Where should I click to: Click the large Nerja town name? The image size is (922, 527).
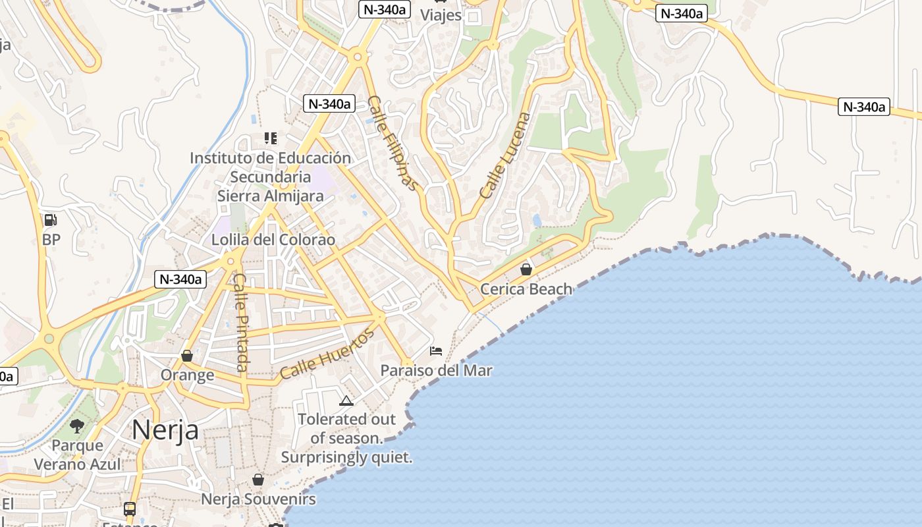(x=165, y=430)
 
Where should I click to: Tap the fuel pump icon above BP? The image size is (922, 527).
(x=51, y=220)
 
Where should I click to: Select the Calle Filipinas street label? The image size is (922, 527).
(x=393, y=143)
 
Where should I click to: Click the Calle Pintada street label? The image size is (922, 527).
(x=241, y=322)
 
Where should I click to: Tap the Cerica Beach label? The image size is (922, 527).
(x=526, y=289)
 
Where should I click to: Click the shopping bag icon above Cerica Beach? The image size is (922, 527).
(x=526, y=269)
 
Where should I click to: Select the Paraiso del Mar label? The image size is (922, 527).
(x=436, y=370)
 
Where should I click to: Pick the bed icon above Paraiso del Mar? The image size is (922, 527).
(x=436, y=350)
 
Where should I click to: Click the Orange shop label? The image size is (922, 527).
(x=188, y=375)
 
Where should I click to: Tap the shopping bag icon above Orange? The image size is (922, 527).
(x=187, y=356)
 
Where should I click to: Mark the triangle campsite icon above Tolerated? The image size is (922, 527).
(x=346, y=400)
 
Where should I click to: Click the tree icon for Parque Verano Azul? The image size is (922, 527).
(x=77, y=426)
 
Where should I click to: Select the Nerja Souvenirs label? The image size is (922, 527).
(x=258, y=499)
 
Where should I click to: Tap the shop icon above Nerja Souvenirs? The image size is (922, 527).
(x=258, y=480)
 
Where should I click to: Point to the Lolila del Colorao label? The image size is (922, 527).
(x=273, y=240)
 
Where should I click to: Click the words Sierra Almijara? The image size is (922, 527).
(x=271, y=196)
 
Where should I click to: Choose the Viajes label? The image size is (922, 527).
(x=441, y=15)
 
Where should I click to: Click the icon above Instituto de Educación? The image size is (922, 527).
(x=271, y=138)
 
